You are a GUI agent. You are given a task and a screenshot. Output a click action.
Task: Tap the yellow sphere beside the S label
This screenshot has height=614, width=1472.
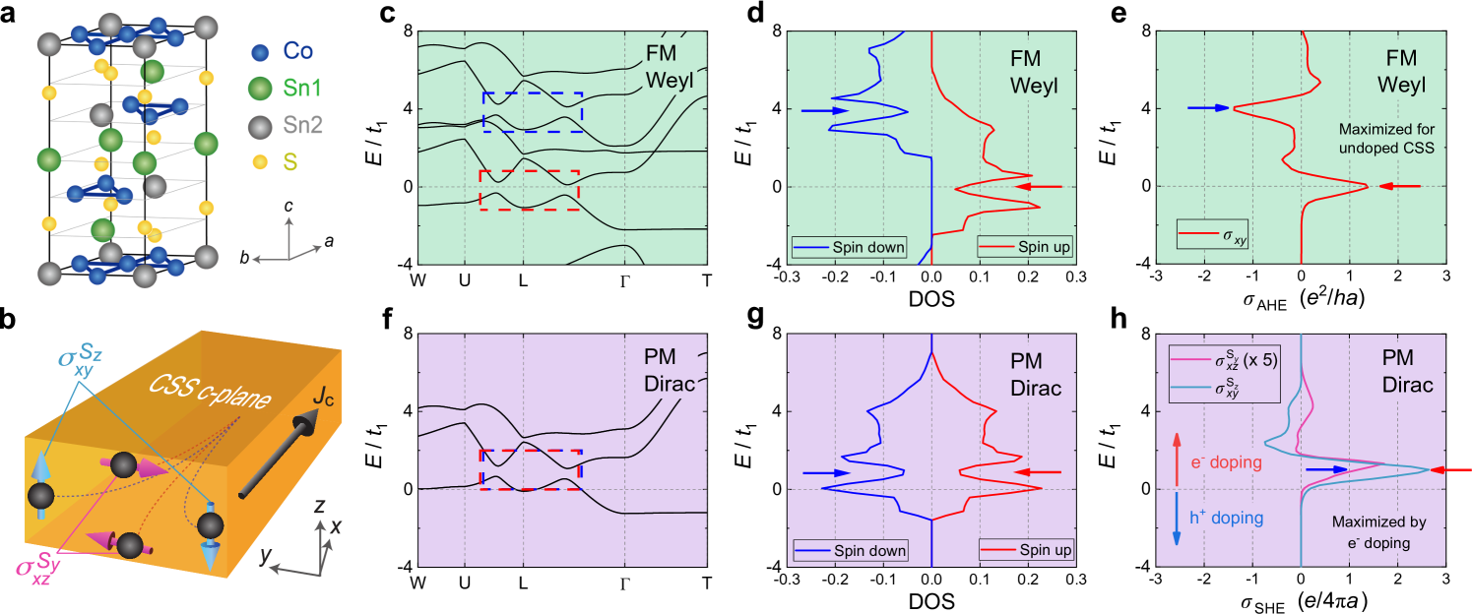tap(260, 161)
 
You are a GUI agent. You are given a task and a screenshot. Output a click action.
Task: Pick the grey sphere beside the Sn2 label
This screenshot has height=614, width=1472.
tap(260, 125)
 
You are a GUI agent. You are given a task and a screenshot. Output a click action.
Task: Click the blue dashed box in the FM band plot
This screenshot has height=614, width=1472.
tap(533, 112)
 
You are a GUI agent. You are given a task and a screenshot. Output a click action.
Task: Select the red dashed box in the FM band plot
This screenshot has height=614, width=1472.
tap(529, 189)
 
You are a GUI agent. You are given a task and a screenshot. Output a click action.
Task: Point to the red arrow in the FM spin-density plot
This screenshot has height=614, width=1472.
tap(1039, 186)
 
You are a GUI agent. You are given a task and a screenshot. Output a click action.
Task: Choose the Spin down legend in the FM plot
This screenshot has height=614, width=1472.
tap(850, 247)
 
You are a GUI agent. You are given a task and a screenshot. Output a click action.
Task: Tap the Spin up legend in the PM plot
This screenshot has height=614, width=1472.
tap(1025, 550)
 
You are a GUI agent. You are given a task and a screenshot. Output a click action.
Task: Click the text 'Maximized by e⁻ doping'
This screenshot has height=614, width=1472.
tap(1378, 532)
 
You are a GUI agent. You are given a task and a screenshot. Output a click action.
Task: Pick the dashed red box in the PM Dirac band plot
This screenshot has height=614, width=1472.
tap(530, 469)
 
